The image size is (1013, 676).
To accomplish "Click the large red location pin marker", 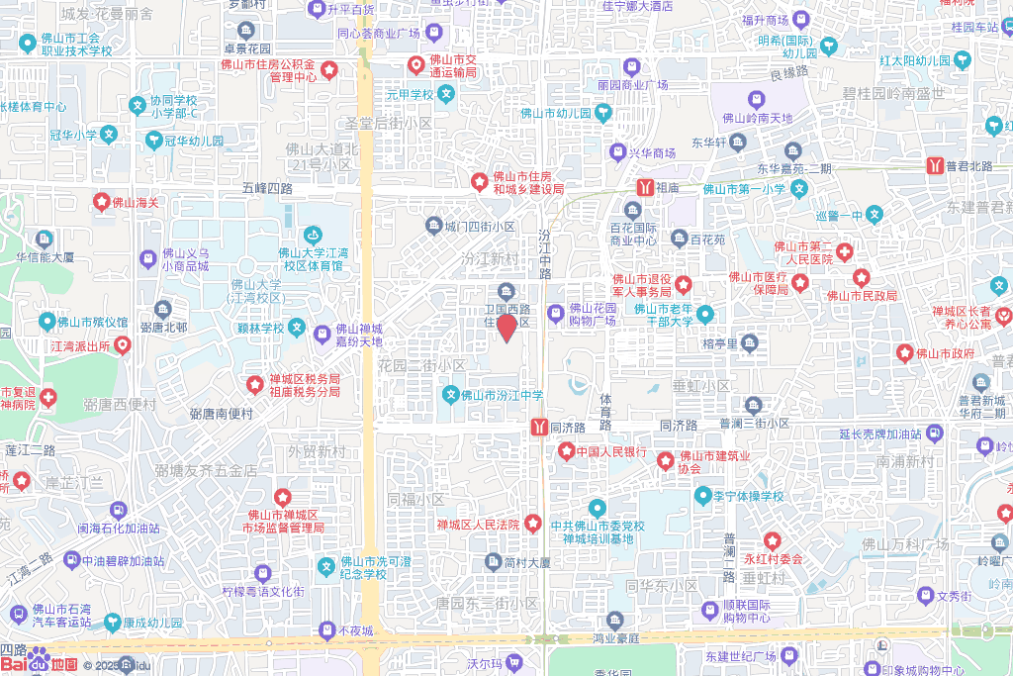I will (506, 327).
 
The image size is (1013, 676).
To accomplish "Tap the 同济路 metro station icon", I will (539, 428).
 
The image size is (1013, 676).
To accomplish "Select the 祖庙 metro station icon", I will (645, 186).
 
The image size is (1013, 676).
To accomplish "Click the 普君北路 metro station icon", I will (935, 166).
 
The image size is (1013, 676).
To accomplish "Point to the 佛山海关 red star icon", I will (101, 202).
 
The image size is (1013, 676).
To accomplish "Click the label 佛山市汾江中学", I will (503, 396).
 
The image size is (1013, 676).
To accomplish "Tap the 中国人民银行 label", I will (611, 452).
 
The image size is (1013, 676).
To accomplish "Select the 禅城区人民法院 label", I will (478, 524).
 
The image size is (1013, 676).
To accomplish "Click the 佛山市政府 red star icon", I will (904, 353).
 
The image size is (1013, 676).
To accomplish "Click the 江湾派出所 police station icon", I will (123, 345).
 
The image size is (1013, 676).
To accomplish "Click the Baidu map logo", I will (40, 661).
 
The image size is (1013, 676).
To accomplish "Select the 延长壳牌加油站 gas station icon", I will (934, 433).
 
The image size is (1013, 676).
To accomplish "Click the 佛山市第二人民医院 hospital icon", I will (844, 252).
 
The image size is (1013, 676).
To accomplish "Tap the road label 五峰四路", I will (267, 187).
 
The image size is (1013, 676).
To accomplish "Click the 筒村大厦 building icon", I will (493, 562).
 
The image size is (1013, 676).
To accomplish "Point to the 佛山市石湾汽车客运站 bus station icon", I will (18, 610).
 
